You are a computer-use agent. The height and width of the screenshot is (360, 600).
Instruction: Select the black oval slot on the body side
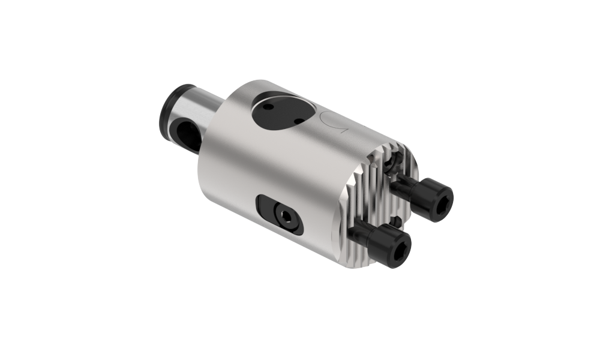click(x=280, y=213)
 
